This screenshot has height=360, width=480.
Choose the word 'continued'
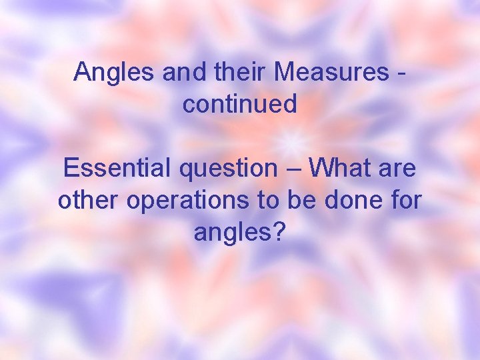point(240,104)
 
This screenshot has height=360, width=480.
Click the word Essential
point(117,169)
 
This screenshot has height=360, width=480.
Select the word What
point(341,169)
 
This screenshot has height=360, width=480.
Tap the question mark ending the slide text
point(280,232)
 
